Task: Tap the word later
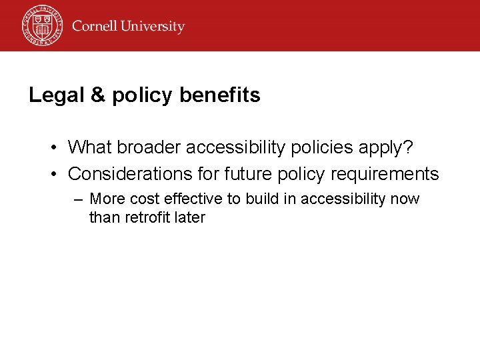(x=189, y=217)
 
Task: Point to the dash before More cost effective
(x=79, y=199)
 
